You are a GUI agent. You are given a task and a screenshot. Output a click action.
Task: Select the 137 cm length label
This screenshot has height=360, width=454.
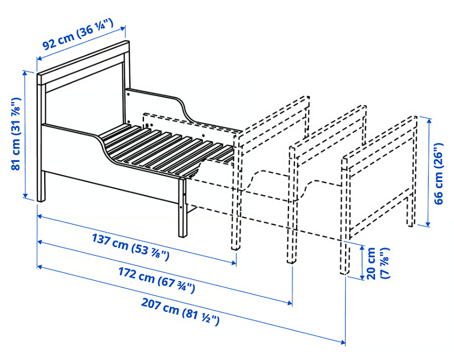pos(130,247)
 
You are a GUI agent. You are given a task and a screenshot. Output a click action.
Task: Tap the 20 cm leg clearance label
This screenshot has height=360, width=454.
pos(377,263)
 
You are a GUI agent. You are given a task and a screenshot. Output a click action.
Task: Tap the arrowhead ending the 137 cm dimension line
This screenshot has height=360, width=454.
pos(235,263)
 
